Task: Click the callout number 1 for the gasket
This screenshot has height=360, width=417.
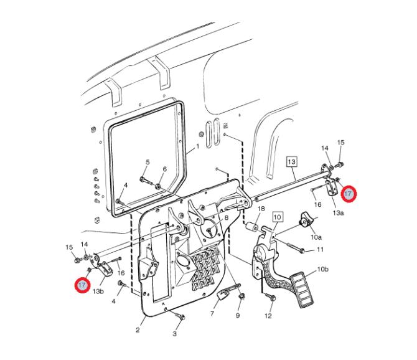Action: (x=197, y=146)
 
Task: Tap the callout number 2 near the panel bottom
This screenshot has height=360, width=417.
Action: (x=138, y=330)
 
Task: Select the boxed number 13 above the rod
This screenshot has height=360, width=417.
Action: (x=292, y=161)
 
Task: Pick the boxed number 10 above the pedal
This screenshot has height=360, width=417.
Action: (x=277, y=217)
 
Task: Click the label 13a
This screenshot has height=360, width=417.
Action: (x=339, y=212)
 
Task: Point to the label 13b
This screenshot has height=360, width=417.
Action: (x=98, y=291)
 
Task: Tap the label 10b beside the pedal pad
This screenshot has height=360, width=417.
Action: (x=322, y=269)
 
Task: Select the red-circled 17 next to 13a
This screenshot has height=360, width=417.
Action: (x=349, y=194)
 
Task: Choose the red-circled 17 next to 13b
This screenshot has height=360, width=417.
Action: (x=82, y=285)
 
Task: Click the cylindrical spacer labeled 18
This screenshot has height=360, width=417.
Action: (x=251, y=227)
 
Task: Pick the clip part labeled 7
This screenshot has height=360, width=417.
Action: (x=223, y=294)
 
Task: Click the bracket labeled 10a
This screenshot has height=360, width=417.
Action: (x=306, y=219)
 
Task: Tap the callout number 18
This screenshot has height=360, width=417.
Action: (x=261, y=209)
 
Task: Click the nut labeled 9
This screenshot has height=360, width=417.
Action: (x=242, y=296)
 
